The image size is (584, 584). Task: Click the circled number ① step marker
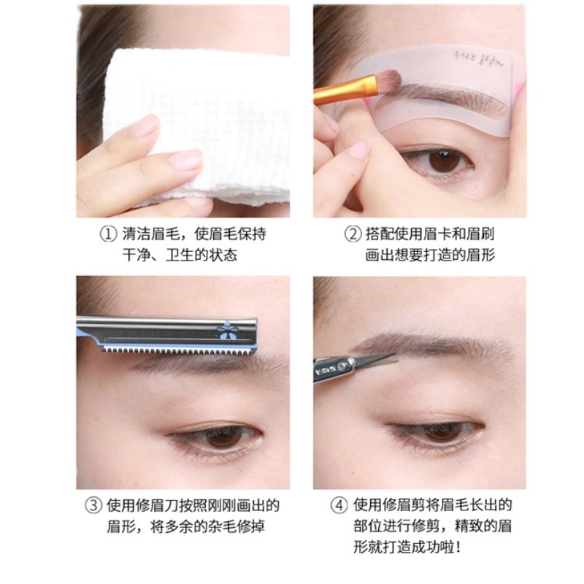108,235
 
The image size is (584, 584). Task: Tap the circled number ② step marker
353,235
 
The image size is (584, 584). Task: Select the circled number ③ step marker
93,505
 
